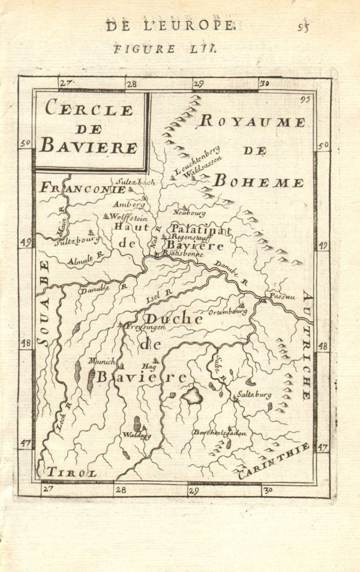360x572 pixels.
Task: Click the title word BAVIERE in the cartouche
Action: point(88,147)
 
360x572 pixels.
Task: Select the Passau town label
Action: point(282,296)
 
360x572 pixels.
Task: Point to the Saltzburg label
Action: point(254,394)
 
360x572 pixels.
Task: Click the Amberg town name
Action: point(128,204)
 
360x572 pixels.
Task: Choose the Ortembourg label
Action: point(228,312)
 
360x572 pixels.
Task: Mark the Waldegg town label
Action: point(137,435)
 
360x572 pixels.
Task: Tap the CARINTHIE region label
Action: point(273,461)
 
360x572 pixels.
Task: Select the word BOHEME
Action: point(259,182)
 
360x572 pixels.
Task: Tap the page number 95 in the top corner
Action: point(303,27)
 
